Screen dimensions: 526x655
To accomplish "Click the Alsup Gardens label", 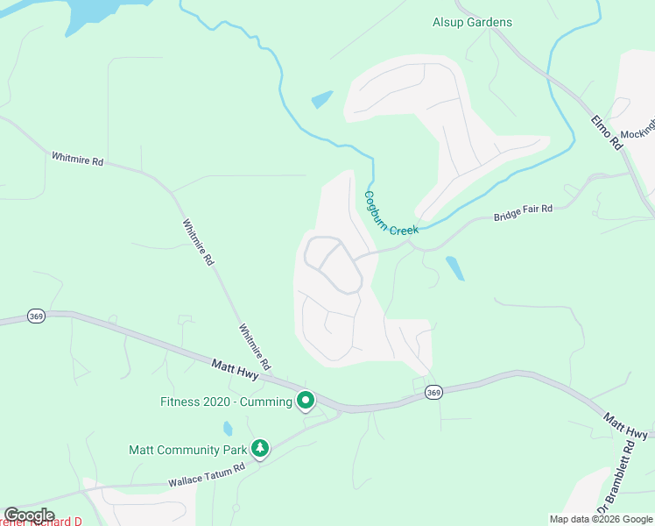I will click(472, 22).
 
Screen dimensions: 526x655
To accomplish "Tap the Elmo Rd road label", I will click(606, 132).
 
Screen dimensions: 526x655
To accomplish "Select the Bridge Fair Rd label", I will click(523, 213).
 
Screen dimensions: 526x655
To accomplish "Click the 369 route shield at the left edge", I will click(36, 316).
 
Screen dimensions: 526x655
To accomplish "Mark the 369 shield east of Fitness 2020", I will click(433, 392).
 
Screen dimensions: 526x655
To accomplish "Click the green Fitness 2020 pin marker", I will click(306, 401).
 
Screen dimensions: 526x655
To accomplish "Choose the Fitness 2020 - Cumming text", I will click(226, 402).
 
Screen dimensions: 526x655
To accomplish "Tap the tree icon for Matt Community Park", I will click(259, 448).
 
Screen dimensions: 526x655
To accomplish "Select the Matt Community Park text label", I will click(187, 450).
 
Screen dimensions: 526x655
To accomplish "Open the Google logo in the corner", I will click(29, 515).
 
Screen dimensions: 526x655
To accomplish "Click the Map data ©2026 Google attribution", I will click(600, 519).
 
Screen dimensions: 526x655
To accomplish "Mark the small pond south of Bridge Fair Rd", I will click(454, 267).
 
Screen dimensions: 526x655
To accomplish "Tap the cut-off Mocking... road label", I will click(637, 131).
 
